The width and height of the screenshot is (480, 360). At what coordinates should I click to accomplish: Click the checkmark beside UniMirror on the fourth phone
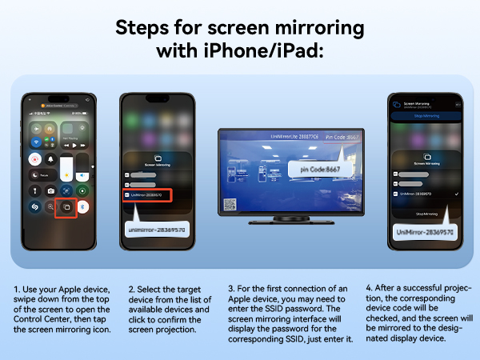coord(455,194)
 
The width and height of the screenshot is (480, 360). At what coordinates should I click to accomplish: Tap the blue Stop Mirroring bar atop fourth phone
coord(426,116)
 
